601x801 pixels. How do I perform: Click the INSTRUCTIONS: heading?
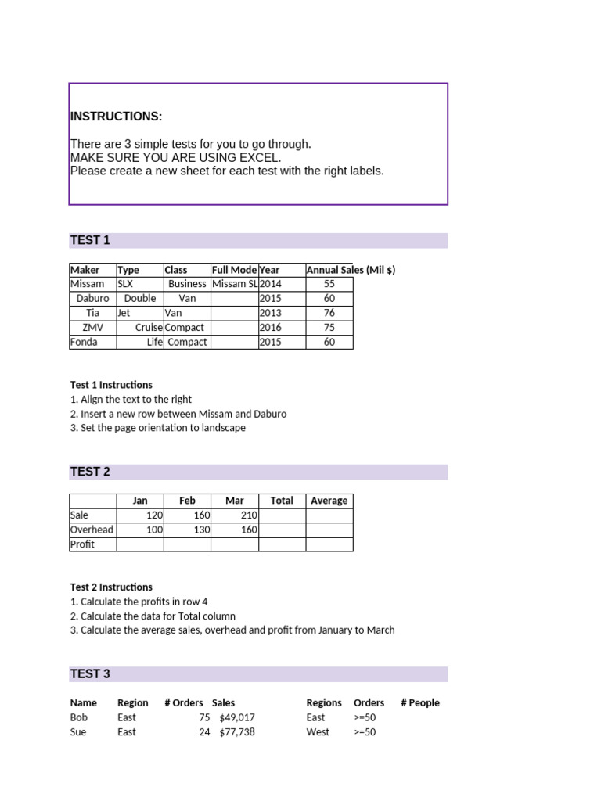pos(117,117)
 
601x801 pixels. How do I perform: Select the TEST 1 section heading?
pos(90,240)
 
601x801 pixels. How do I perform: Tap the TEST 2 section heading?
pos(90,472)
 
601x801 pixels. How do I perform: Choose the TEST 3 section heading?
pos(90,673)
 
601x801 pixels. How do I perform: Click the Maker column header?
pos(85,270)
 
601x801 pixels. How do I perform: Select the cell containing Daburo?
pos(93,298)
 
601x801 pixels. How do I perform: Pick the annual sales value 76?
pos(329,313)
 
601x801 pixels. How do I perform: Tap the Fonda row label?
pos(84,342)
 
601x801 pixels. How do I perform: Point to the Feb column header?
pos(187,501)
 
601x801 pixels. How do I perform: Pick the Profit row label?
pos(82,544)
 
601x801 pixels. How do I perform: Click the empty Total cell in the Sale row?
pos(282,515)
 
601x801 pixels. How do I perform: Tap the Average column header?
pos(329,501)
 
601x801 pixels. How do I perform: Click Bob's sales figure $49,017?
pos(237,717)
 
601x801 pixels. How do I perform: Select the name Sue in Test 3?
pos(78,732)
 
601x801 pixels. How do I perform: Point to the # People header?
pos(420,702)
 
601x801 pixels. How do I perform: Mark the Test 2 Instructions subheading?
pos(111,587)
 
